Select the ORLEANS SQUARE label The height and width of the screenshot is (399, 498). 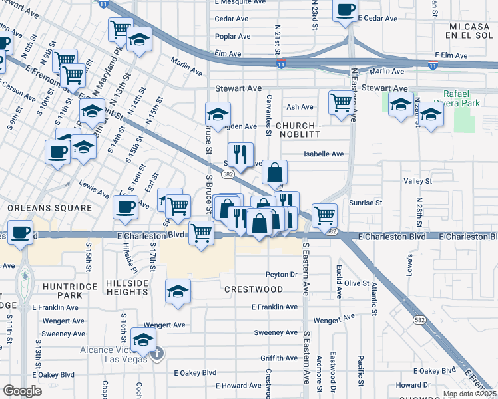(49, 208)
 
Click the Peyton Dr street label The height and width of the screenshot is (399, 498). (281, 274)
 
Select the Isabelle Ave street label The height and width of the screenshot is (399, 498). (324, 154)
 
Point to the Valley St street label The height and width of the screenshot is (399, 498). (417, 180)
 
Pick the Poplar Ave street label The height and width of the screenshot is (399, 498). (232, 36)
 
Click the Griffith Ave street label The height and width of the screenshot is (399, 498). (279, 358)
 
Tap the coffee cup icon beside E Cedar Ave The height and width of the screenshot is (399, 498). (345, 11)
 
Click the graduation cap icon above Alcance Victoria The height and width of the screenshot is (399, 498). (142, 340)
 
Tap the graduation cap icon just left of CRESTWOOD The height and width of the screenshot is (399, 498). (177, 291)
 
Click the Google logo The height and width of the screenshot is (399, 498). (22, 391)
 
